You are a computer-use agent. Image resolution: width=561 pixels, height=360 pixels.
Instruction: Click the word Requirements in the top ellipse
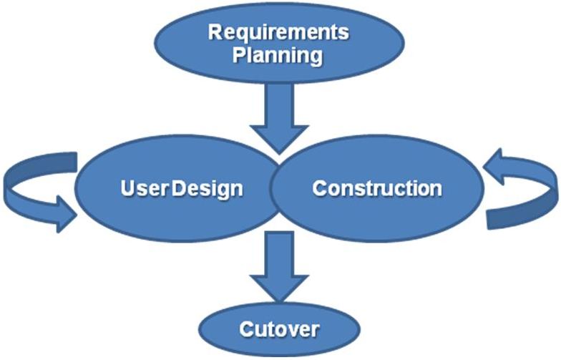click(279, 33)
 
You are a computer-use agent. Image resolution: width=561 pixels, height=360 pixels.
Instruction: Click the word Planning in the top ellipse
click(279, 55)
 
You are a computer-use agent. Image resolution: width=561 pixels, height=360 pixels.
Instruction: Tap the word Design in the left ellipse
click(208, 189)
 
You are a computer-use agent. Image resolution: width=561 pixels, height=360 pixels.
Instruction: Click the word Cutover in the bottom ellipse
click(279, 330)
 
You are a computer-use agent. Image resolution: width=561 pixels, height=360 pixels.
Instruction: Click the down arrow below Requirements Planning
click(279, 115)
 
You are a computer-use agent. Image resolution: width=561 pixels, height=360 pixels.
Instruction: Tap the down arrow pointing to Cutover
click(279, 268)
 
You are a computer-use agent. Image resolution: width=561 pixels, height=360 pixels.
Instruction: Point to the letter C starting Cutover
click(245, 330)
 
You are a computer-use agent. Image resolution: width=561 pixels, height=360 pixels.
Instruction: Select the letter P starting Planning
click(239, 55)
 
